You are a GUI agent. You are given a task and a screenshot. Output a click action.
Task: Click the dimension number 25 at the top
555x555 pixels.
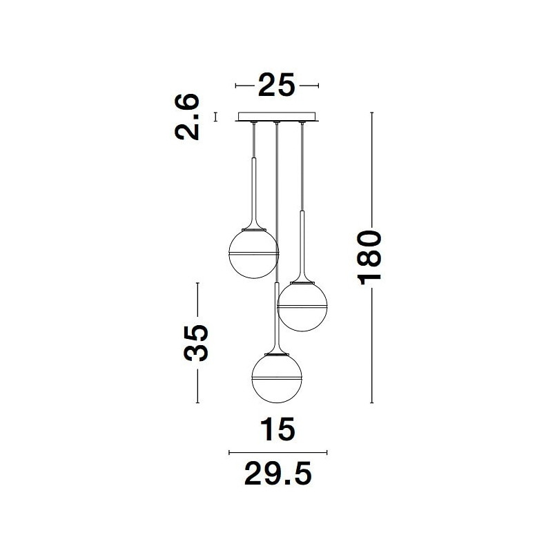pos(276,85)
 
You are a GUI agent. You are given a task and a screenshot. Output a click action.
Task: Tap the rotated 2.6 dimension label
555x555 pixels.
pos(187,117)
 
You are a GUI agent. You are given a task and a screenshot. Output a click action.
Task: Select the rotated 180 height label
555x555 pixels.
pos(370,257)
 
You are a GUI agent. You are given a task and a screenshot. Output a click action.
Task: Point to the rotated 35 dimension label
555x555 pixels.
pos(196,343)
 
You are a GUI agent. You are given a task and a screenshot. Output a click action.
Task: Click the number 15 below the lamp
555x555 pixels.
pos(277,429)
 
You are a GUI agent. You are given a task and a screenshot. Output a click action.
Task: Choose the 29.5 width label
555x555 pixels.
pos(278,474)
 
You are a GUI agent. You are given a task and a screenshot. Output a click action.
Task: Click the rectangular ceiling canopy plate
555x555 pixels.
pos(277,117)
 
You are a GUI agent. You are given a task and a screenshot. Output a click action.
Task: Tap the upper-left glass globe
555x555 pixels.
pos(254,254)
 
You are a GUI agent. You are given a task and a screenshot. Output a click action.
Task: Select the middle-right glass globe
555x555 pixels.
pos(302,306)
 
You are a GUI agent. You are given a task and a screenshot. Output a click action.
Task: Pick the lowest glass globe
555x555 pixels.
pos(277,378)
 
